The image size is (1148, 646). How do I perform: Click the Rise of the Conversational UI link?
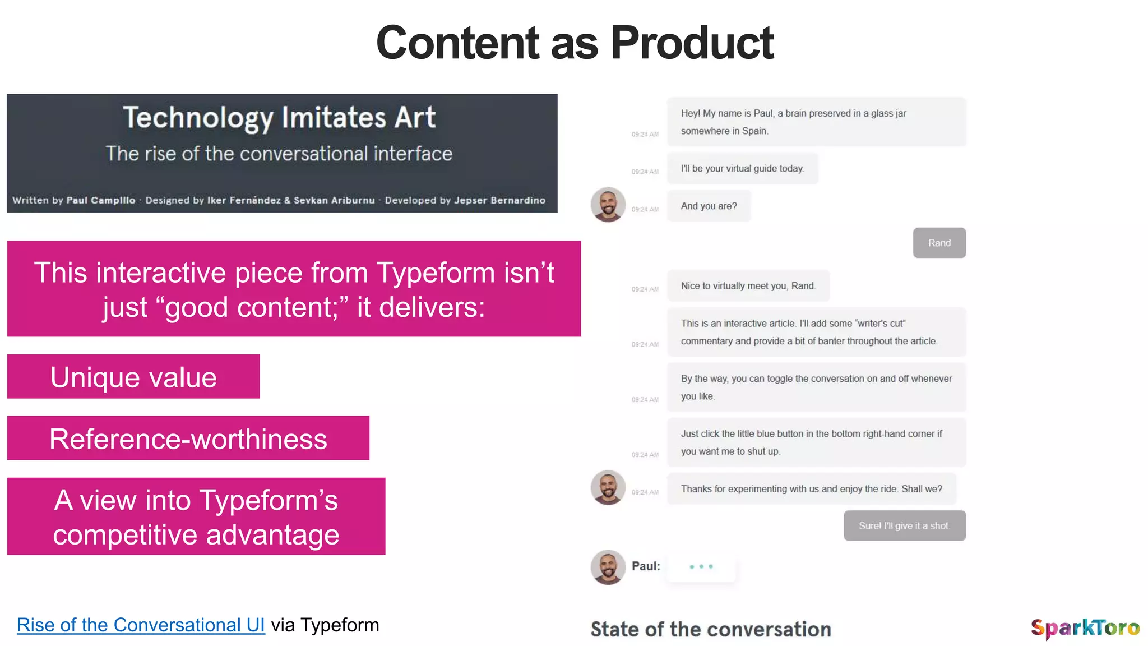point(140,625)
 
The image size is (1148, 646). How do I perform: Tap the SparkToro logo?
point(1085,628)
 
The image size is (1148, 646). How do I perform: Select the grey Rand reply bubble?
point(939,243)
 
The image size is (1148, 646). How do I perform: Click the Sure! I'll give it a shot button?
point(904,526)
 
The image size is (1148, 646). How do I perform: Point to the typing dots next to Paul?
point(701,567)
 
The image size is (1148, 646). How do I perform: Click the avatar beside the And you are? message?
point(608,205)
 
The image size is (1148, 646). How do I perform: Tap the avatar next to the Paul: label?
point(608,567)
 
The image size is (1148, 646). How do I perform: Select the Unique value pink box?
point(133,377)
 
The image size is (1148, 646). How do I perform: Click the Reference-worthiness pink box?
point(188,439)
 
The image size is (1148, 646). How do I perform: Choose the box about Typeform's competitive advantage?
point(196,516)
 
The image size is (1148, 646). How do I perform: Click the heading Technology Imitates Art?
point(279,117)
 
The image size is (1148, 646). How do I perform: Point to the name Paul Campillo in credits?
point(101,200)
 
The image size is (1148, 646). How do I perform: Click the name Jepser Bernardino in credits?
point(499,200)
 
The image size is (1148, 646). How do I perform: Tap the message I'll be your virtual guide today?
point(742,168)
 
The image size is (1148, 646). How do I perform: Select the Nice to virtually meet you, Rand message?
point(748,286)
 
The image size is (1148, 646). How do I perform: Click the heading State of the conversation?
point(711,629)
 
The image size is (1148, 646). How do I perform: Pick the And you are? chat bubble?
point(709,206)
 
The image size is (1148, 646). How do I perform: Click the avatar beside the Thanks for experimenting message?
point(608,487)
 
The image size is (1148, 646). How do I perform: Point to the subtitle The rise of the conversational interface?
point(279,154)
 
